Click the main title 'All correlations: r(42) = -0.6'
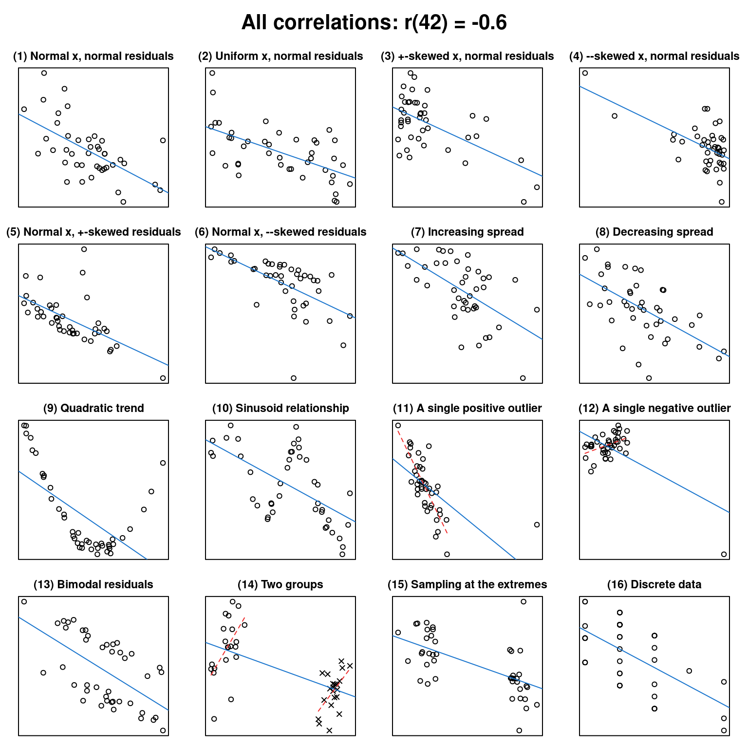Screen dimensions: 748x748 pos(374,22)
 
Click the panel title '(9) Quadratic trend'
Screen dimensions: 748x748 pos(93,408)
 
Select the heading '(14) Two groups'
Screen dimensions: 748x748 pos(280,584)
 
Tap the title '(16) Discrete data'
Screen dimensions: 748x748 pos(654,584)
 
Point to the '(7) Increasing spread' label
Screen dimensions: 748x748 pos(467,232)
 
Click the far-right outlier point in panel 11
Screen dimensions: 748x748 pos(537,524)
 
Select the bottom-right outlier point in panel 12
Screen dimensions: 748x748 pos(724,554)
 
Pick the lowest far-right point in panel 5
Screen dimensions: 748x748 pos(163,378)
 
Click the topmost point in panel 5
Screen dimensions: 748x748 pos(84,249)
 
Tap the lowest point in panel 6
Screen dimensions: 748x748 pos(293,378)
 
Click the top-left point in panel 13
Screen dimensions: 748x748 pos(24,601)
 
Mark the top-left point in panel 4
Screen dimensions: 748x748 pos(585,73)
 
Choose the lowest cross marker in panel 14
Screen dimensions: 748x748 pos(329,730)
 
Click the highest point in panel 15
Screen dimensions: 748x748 pos(524,601)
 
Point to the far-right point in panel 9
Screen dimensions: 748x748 pos(163,463)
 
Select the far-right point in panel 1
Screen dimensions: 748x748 pos(163,140)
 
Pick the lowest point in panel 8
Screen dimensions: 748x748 pos(649,378)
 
